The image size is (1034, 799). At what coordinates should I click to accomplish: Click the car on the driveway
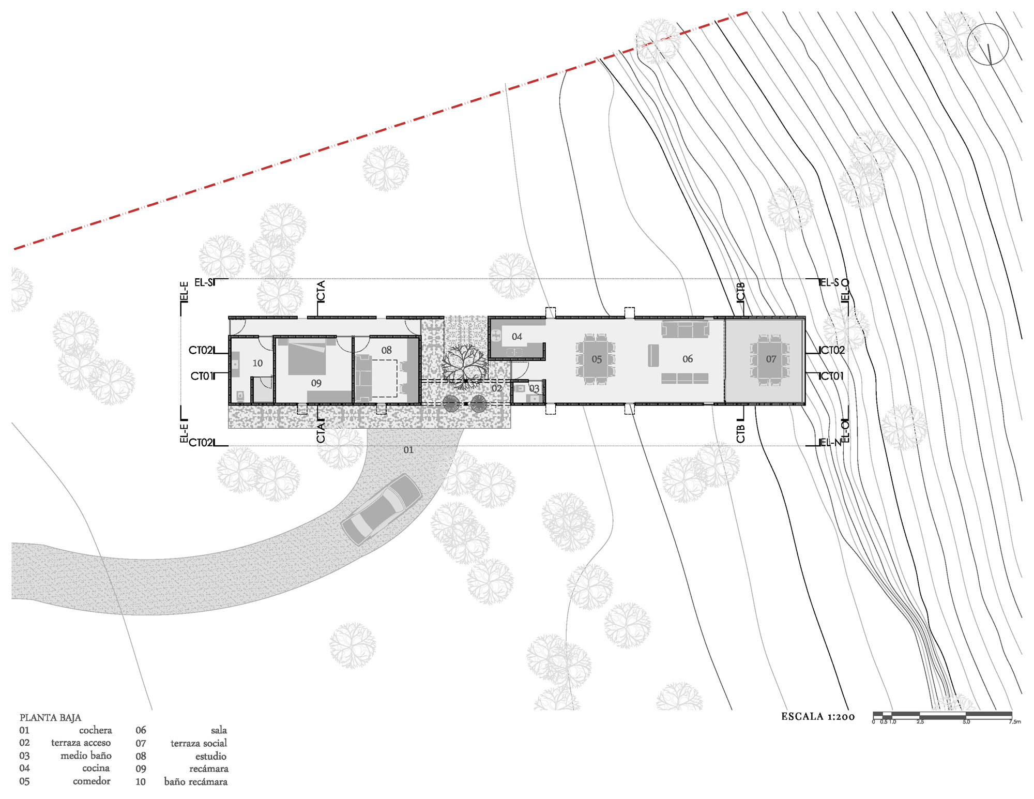[x=381, y=509]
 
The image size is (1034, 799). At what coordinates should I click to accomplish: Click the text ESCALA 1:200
[x=818, y=716]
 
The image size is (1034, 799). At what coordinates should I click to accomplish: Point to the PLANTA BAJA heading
[x=50, y=717]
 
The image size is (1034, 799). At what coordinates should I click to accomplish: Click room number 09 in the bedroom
[x=316, y=383]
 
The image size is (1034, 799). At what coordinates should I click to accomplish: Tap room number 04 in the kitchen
[x=517, y=337]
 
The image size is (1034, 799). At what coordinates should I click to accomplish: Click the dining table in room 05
[x=596, y=359]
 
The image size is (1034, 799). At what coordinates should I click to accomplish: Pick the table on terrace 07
[x=770, y=359]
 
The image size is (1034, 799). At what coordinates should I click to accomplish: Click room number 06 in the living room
[x=688, y=359]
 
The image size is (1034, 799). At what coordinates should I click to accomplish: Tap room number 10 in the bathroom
[x=257, y=364]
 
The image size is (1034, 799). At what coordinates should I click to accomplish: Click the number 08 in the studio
[x=386, y=350]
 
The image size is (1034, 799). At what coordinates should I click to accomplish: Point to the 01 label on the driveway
[x=408, y=450]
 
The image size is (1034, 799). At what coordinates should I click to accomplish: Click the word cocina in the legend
[x=96, y=768]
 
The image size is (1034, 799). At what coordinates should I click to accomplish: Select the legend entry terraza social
[x=199, y=743]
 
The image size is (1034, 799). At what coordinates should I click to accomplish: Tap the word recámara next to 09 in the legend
[x=208, y=768]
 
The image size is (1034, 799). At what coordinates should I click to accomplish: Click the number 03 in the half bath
[x=534, y=388]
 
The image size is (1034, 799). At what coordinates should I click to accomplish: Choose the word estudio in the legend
[x=210, y=756]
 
